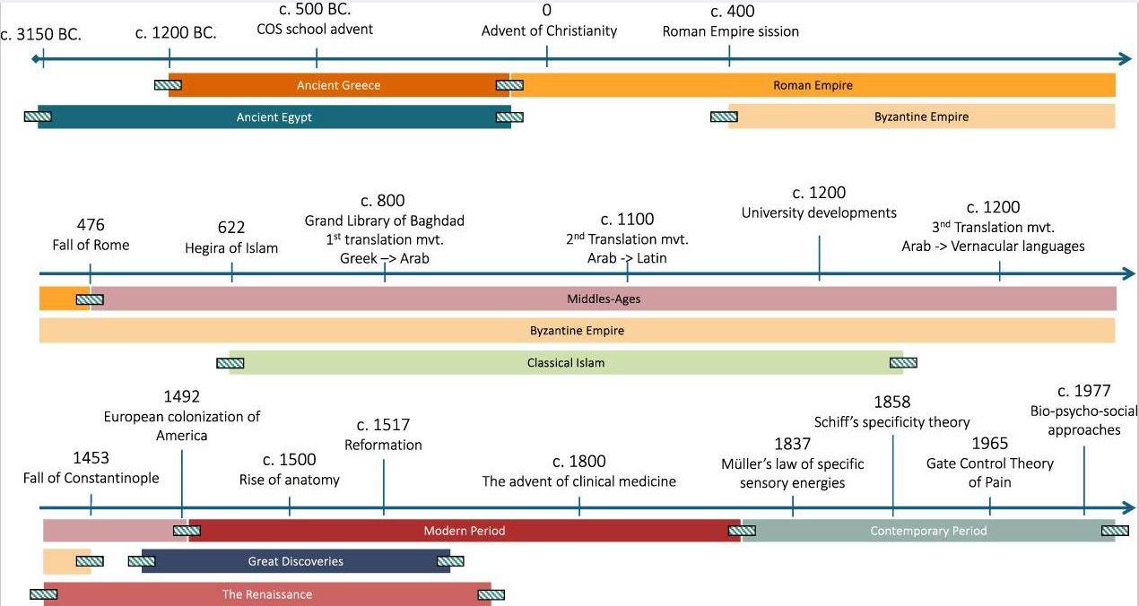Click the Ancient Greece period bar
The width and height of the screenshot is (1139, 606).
[338, 85]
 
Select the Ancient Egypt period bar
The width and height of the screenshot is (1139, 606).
[274, 117]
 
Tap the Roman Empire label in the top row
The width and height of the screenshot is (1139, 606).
[813, 85]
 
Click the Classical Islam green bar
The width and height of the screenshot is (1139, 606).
[565, 363]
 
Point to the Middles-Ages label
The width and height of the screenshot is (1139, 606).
[604, 299]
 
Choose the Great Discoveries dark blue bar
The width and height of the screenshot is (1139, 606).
[295, 561]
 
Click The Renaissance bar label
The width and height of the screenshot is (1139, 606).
[267, 594]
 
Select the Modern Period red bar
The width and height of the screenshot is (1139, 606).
[464, 531]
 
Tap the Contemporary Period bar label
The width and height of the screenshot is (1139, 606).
[928, 531]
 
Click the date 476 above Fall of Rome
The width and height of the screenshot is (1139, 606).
[91, 225]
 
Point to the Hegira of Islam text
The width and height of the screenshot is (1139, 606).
[231, 248]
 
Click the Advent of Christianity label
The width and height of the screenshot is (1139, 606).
[549, 31]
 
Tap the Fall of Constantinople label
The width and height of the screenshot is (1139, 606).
[91, 478]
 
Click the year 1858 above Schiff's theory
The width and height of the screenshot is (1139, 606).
[891, 403]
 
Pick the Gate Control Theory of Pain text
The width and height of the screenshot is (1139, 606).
[989, 472]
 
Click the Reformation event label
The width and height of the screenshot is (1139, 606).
[383, 445]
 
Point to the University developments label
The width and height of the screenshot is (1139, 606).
[819, 213]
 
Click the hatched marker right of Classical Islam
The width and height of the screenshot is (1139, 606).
[903, 363]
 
